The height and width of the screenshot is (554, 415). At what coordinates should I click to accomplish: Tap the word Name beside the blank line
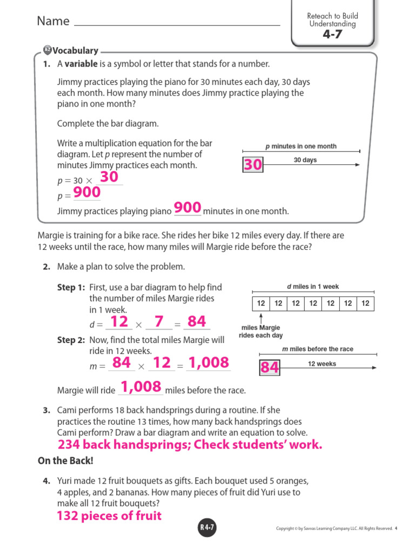(x=53, y=21)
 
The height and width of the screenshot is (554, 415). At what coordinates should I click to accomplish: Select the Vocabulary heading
(x=75, y=51)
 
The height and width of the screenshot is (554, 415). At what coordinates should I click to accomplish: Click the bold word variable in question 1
(x=81, y=64)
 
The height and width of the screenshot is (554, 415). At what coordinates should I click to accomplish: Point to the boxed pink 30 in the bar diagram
(x=252, y=165)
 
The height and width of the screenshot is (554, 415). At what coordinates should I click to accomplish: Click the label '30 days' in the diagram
(x=305, y=160)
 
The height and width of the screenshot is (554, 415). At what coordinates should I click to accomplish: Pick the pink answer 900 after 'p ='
(x=87, y=193)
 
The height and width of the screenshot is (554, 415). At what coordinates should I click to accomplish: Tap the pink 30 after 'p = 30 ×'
(x=109, y=177)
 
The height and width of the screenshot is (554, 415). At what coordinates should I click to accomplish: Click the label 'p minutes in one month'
(x=301, y=146)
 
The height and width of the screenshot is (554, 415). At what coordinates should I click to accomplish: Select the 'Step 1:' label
(x=71, y=287)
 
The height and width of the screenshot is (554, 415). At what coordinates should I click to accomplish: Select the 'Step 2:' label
(x=71, y=340)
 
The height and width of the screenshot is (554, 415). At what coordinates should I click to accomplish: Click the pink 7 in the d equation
(x=158, y=322)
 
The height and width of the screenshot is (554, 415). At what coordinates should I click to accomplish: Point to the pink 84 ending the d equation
(x=197, y=322)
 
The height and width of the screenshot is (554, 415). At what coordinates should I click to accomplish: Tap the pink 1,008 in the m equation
(x=208, y=362)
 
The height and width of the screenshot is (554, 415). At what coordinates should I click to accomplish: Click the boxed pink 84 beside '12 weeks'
(x=270, y=368)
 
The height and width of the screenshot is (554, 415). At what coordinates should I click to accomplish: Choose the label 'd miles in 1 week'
(x=313, y=287)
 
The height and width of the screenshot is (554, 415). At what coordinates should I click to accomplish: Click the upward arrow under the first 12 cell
(x=261, y=318)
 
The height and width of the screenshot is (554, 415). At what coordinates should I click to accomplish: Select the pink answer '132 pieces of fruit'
(x=109, y=516)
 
